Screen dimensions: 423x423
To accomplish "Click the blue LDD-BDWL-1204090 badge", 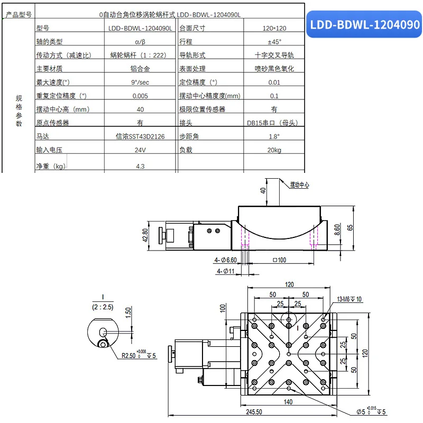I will [364, 25].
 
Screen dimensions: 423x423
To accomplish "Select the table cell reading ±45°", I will [274, 42].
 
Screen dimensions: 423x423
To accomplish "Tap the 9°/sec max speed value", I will [140, 82].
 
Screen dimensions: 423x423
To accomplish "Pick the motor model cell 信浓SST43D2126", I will [140, 136].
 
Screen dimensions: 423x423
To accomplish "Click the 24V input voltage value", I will [140, 150].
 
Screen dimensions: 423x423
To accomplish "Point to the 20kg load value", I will [274, 150].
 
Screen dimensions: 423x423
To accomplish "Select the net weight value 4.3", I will [140, 166].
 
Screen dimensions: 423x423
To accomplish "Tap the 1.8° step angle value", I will [274, 136].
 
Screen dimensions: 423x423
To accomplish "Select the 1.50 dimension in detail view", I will [127, 314].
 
